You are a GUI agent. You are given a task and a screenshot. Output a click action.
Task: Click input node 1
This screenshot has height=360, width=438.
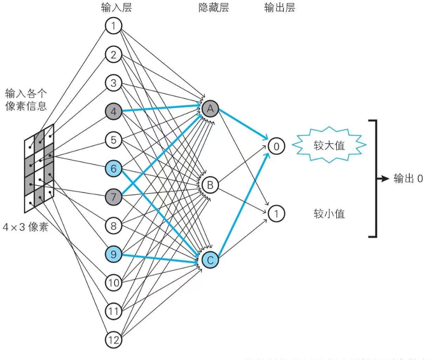114,26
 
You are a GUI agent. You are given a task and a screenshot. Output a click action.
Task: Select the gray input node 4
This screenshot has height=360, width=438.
114,111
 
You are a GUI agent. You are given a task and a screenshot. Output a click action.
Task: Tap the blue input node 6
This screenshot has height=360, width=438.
114,169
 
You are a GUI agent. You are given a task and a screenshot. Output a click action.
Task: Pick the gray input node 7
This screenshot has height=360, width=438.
114,197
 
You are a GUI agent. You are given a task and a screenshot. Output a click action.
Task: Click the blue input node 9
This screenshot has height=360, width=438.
114,255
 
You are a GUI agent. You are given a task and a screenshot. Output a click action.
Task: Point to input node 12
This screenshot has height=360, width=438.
114,341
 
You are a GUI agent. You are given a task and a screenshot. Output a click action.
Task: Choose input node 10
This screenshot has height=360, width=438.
114,283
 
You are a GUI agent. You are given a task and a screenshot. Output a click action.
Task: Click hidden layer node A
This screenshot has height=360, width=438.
210,108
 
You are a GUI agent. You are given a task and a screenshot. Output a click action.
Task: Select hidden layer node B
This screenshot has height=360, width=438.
210,185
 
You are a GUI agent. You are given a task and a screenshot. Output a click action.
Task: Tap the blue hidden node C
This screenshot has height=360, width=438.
210,261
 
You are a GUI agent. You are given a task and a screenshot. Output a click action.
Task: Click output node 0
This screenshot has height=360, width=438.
276,146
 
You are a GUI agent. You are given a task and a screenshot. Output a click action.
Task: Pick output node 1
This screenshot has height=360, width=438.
276,214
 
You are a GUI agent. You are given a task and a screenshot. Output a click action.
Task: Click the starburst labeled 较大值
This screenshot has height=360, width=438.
329,146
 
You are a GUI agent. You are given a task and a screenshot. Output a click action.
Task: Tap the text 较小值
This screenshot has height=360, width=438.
329,214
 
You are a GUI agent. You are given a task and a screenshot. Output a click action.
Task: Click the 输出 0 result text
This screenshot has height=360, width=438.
408,178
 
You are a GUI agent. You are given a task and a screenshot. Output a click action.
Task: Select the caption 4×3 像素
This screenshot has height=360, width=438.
26,227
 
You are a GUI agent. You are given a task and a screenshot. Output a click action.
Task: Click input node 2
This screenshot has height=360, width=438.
114,55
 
